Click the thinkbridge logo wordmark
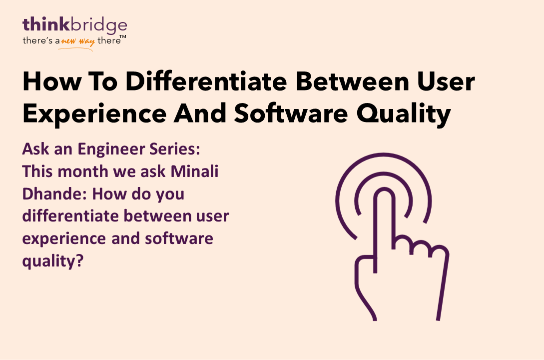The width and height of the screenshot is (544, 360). [x=74, y=25]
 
